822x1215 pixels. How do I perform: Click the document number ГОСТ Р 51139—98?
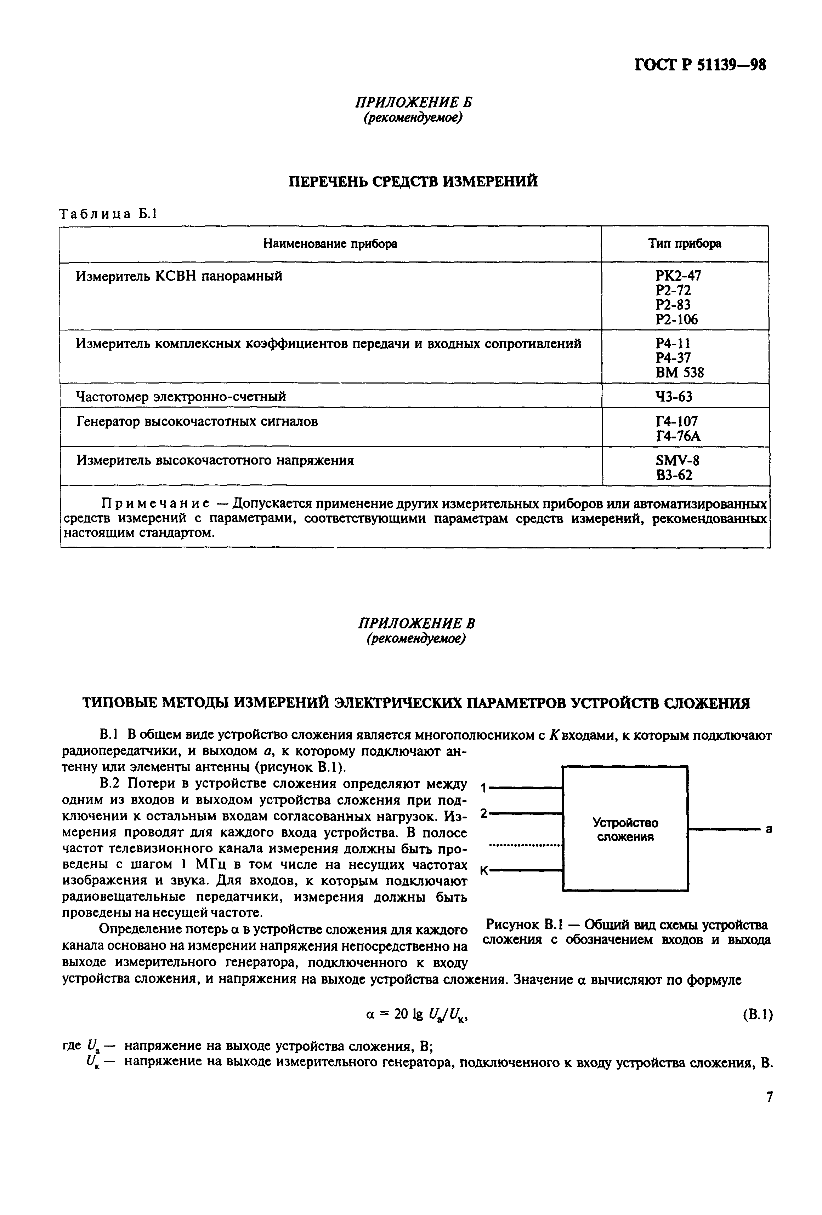pyautogui.click(x=700, y=64)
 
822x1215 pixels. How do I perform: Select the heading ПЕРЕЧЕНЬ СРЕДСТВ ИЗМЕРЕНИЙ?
pyautogui.click(x=413, y=182)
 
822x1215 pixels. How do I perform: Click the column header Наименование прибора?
pyautogui.click(x=330, y=244)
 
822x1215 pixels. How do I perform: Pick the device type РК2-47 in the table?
pyautogui.click(x=678, y=276)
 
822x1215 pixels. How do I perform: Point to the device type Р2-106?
pyautogui.click(x=676, y=319)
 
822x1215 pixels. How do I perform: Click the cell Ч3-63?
pyautogui.click(x=674, y=397)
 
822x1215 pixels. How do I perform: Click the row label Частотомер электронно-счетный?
pyautogui.click(x=181, y=397)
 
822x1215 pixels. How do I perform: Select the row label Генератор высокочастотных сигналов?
pyautogui.click(x=197, y=421)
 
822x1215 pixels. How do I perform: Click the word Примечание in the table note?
pyautogui.click(x=155, y=503)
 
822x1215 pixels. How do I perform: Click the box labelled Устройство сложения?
pyautogui.click(x=625, y=829)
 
